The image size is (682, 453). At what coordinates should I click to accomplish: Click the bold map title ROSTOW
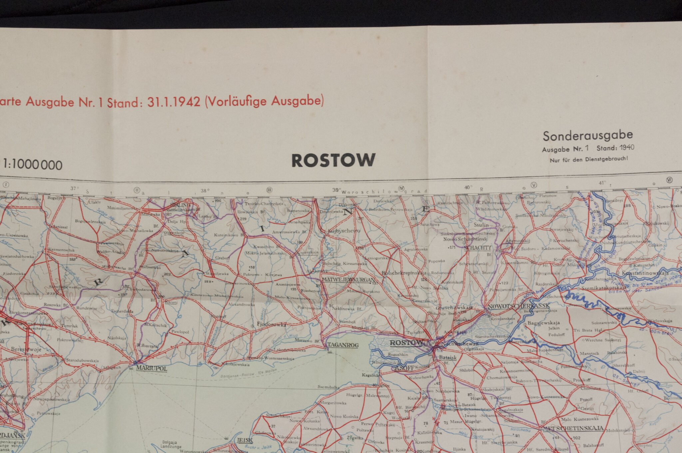click(x=333, y=160)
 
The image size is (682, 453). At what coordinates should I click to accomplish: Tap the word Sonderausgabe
click(x=588, y=135)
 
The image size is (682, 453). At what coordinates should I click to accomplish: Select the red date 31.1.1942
click(x=174, y=102)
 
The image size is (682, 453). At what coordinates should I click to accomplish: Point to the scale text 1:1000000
click(x=33, y=165)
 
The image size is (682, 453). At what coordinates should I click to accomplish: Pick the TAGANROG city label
click(x=343, y=345)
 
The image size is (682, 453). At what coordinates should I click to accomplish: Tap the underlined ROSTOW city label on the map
click(x=406, y=343)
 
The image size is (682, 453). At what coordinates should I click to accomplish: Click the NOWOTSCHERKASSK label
click(x=518, y=306)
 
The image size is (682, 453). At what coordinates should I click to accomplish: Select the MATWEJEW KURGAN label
click(x=348, y=280)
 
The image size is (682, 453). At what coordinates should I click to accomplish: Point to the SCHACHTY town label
click(x=478, y=248)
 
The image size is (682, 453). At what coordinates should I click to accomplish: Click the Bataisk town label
click(x=448, y=357)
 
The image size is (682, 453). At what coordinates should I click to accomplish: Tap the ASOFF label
click(x=404, y=368)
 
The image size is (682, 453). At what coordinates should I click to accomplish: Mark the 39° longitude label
click(x=337, y=190)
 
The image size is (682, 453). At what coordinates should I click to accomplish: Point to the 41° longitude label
click(x=601, y=183)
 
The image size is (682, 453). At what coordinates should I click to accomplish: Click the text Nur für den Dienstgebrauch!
click(x=589, y=160)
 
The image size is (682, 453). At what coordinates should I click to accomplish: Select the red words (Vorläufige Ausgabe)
click(x=264, y=101)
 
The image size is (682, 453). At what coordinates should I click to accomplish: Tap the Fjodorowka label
click(x=272, y=324)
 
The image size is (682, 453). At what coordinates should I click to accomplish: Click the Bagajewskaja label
click(x=543, y=323)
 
